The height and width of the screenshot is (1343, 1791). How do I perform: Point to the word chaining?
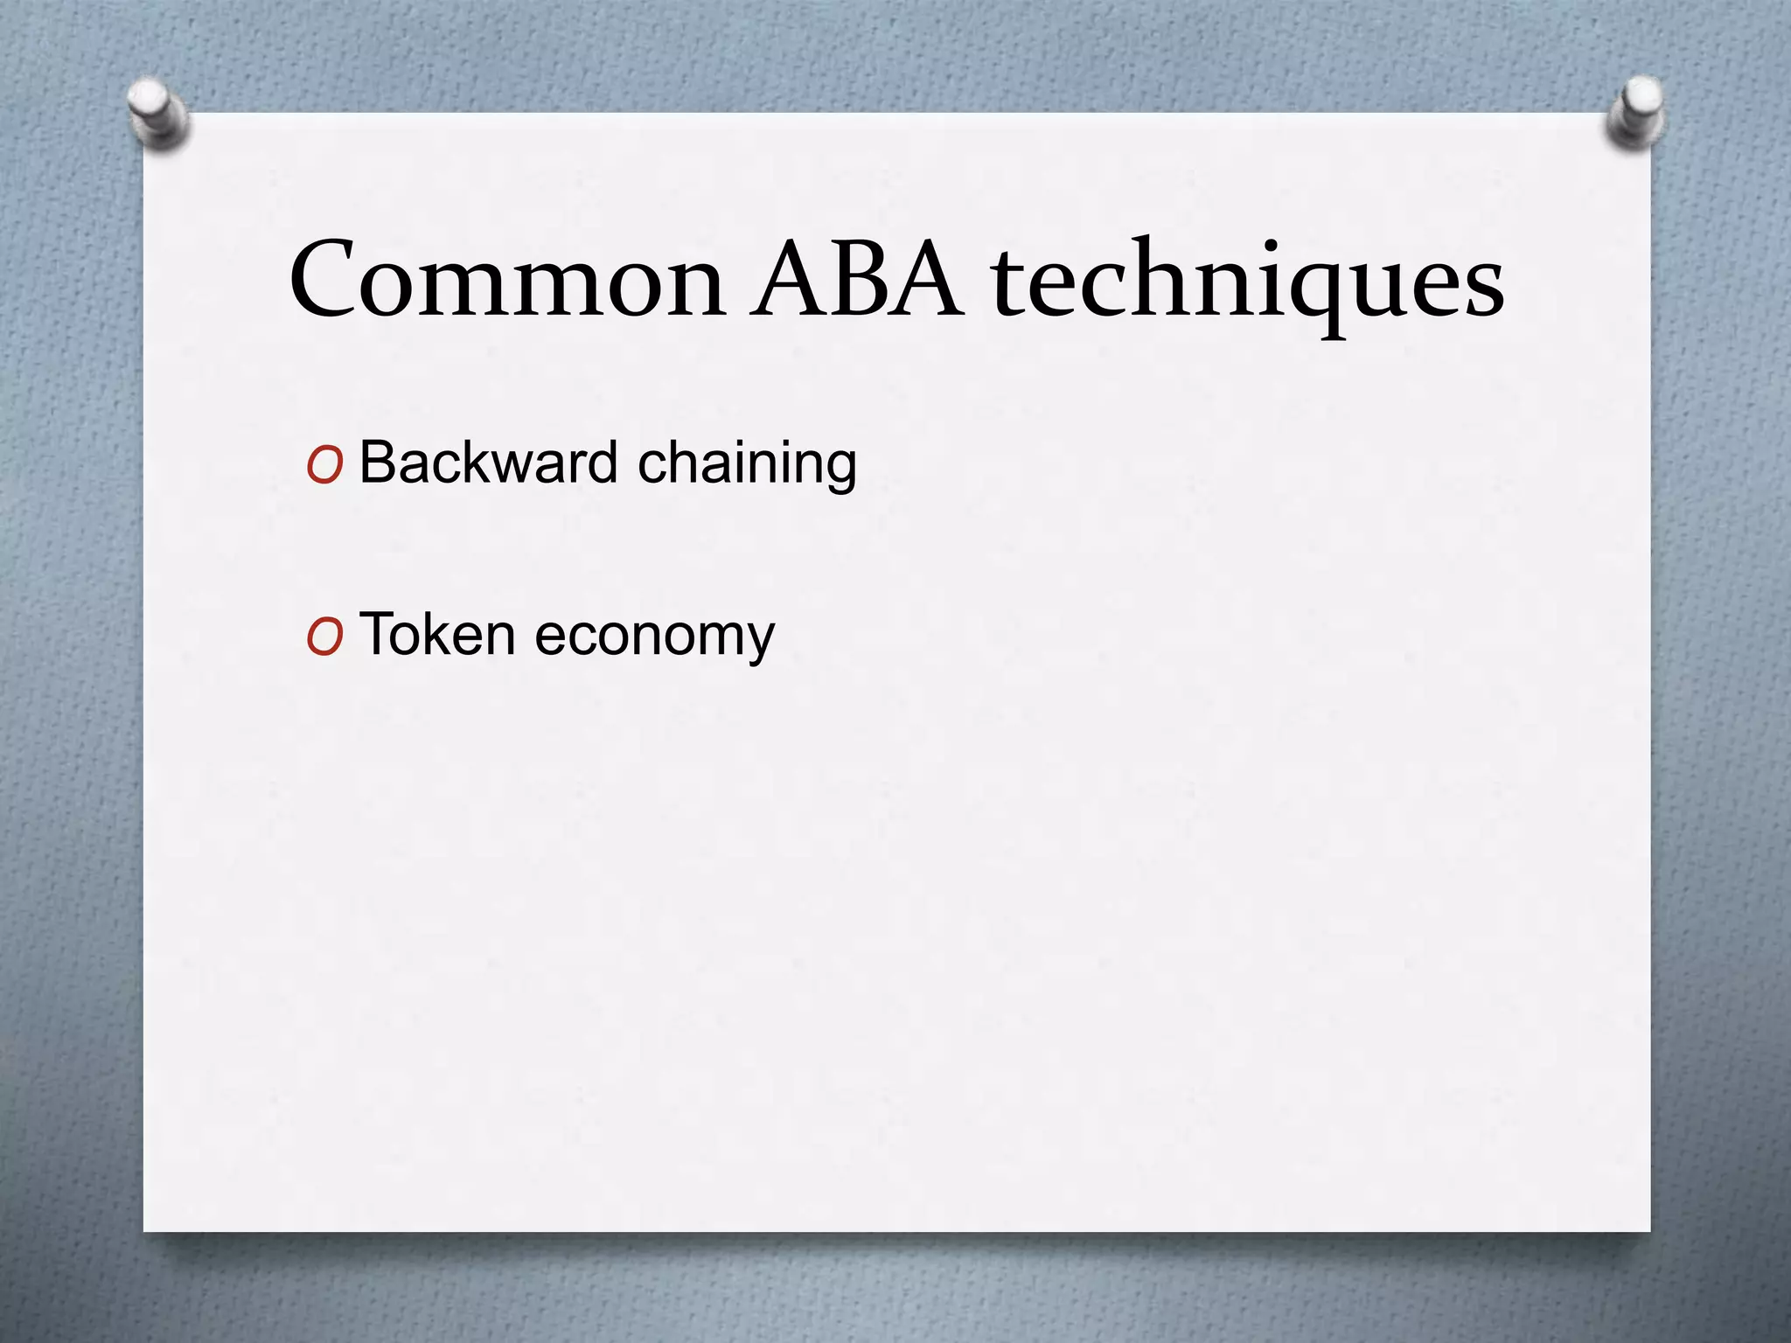pyautogui.click(x=747, y=463)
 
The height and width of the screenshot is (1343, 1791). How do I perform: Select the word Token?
pyautogui.click(x=436, y=634)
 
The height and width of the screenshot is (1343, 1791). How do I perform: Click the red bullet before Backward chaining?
pyautogui.click(x=324, y=467)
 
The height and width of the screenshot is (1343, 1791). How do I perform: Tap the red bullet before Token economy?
pyautogui.click(x=324, y=639)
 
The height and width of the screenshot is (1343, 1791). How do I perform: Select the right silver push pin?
pyautogui.click(x=1634, y=112)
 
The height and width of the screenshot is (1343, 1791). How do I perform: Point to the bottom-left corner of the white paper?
pyautogui.click(x=145, y=1230)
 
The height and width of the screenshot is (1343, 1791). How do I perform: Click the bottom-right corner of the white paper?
pyautogui.click(x=1649, y=1230)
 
